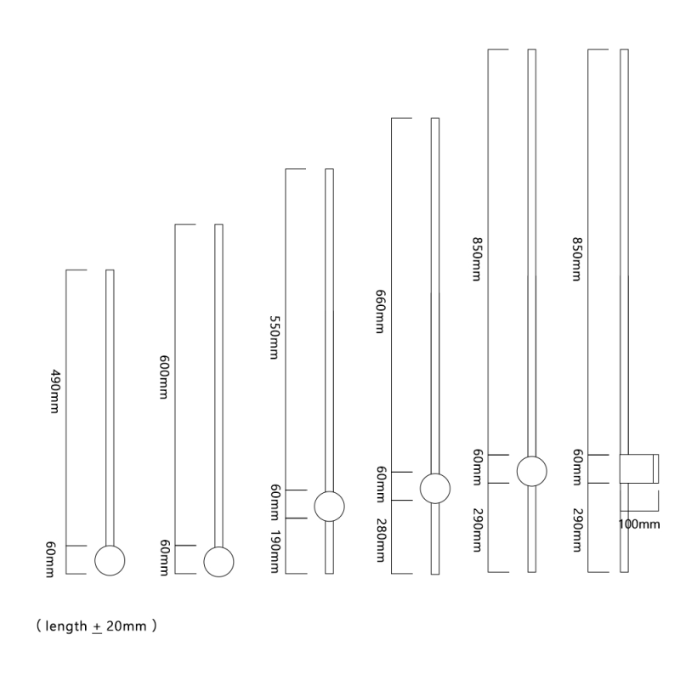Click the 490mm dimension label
point(55,390)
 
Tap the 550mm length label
point(274,338)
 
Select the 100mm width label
point(638,524)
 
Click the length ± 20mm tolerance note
point(95,626)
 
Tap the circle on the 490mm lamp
point(110,560)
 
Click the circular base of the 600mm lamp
point(218,560)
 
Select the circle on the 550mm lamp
point(329,506)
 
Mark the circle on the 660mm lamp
point(435,488)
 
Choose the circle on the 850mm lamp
point(531,470)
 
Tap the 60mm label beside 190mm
point(275,503)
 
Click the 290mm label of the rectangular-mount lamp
point(577,532)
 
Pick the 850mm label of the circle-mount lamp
point(478,259)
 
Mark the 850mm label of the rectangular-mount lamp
point(577,259)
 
